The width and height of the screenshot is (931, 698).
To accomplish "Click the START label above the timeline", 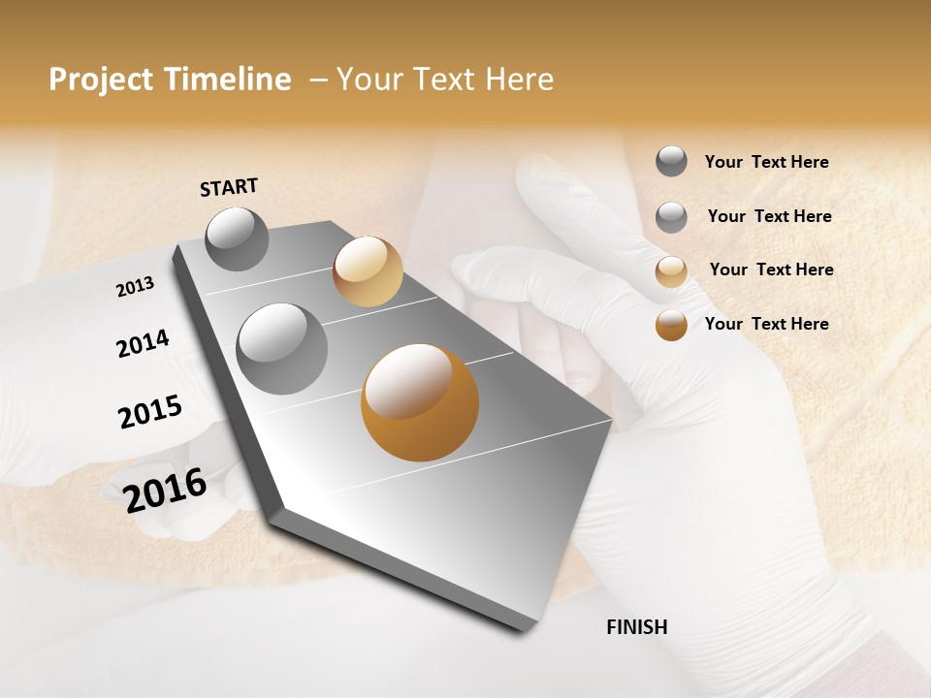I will (x=229, y=187).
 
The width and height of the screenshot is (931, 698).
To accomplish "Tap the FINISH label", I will (x=636, y=627).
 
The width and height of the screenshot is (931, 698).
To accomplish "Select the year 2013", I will (x=135, y=287).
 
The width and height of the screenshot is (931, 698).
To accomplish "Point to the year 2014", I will (x=143, y=343).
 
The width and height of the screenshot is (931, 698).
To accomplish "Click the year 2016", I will (x=165, y=490).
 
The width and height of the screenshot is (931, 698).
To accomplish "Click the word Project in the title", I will (x=101, y=79).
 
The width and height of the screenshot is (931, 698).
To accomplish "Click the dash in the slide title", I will (x=318, y=79).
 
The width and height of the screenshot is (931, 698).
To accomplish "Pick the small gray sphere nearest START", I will (x=238, y=238).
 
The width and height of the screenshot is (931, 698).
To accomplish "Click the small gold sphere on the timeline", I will (x=368, y=271).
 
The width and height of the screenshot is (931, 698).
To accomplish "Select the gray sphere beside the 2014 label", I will (x=282, y=349).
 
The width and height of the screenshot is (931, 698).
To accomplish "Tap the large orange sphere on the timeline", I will (x=420, y=402).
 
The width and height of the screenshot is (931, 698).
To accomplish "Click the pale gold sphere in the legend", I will (x=671, y=271).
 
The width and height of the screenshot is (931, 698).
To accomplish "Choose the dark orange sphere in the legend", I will (x=671, y=325).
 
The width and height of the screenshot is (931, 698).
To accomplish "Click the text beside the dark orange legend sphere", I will (x=766, y=324).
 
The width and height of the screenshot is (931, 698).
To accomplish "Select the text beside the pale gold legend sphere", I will (x=771, y=270).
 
